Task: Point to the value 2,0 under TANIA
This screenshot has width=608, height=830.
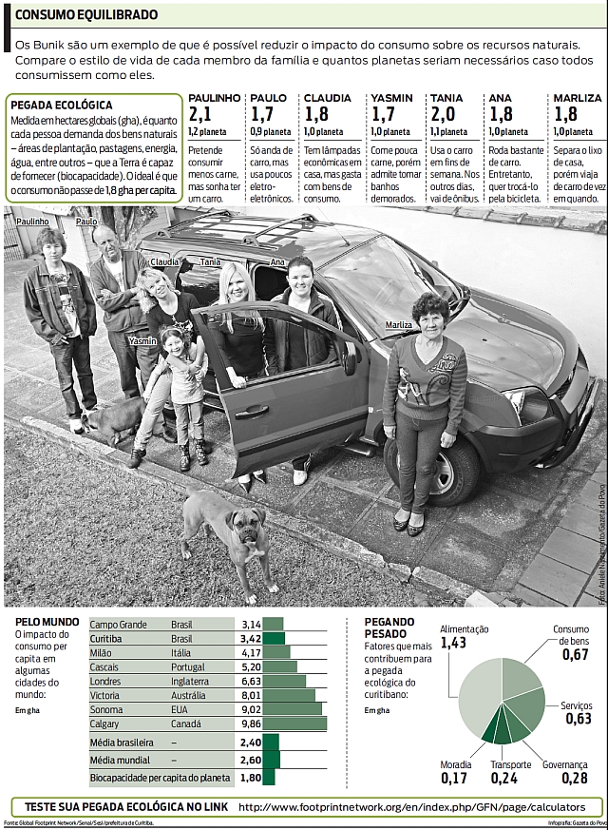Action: coord(442,114)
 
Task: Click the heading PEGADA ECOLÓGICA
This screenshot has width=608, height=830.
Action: coord(61,105)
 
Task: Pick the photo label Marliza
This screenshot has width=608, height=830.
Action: coord(399,325)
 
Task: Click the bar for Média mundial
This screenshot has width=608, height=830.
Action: coord(272,761)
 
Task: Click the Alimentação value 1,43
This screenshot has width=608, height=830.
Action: coord(453,644)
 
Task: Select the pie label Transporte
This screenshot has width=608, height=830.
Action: coord(511,764)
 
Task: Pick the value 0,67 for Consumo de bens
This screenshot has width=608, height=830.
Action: coord(575,655)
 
